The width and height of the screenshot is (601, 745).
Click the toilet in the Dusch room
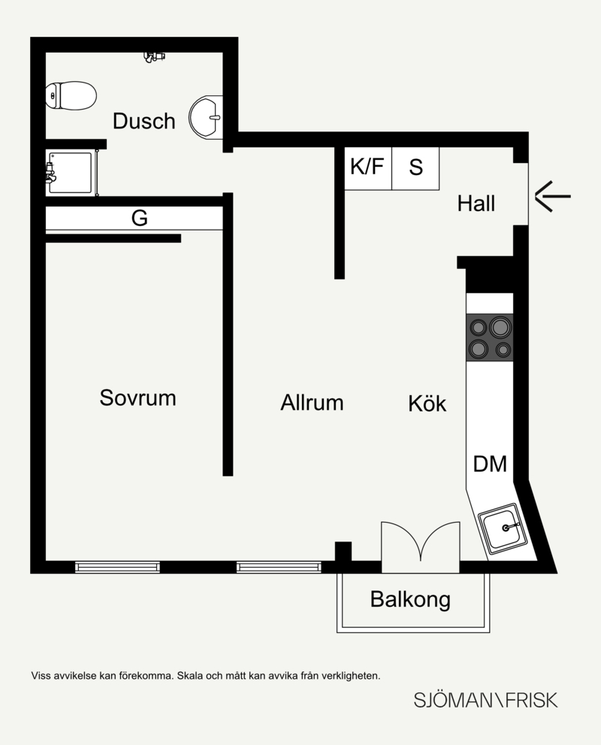point(71,95)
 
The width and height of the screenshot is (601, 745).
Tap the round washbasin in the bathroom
point(206,117)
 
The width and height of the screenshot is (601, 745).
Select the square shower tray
point(70,173)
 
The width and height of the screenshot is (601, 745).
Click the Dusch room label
point(144,121)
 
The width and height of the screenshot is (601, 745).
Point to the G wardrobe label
point(139,218)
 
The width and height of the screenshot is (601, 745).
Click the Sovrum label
point(137,398)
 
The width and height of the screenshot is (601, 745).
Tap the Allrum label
point(312,403)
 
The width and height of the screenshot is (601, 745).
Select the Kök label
point(427,403)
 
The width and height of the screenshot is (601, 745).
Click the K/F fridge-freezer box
point(367,169)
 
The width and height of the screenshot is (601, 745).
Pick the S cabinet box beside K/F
point(415,169)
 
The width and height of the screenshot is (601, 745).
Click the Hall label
point(476,204)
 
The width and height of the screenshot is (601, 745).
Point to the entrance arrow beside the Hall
point(552,196)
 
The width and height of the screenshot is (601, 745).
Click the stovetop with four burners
point(490,338)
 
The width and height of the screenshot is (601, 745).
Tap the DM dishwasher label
point(490,463)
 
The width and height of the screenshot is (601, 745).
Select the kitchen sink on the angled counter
point(504,529)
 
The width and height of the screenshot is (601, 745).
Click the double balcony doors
point(421,547)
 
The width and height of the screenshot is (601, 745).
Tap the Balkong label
point(410,599)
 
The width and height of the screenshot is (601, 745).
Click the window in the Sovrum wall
point(117,567)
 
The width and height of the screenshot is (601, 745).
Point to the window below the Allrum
point(279,567)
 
